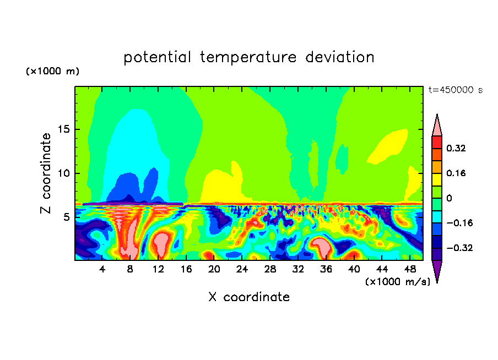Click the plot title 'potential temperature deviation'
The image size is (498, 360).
click(x=249, y=57)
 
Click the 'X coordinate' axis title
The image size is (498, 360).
click(x=249, y=297)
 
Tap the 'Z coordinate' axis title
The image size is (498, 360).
click(x=46, y=173)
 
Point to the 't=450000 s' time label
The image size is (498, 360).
click(x=455, y=90)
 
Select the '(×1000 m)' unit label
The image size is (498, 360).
click(x=52, y=72)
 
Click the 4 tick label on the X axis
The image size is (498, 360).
click(x=102, y=269)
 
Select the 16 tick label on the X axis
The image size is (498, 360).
click(x=186, y=269)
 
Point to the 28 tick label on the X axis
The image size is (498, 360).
click(x=270, y=269)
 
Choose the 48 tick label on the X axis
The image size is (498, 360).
click(x=409, y=269)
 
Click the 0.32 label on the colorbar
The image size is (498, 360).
click(x=456, y=148)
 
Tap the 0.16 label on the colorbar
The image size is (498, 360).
click(x=456, y=173)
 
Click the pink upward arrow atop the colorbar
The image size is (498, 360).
click(x=437, y=126)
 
